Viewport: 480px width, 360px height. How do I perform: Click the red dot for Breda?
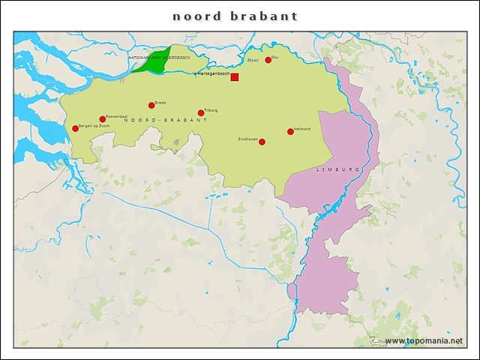(151, 105)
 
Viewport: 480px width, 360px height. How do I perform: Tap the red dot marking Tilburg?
(201, 113)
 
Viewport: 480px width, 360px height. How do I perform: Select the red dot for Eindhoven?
(262, 142)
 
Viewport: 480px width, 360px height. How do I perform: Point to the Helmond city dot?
(290, 131)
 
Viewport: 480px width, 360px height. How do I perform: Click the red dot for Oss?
(268, 60)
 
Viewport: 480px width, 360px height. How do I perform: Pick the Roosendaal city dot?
(103, 119)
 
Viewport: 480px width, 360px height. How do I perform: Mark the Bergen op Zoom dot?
(75, 128)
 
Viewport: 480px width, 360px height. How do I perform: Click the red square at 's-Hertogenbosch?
(235, 77)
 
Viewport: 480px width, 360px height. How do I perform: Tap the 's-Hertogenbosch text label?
(211, 73)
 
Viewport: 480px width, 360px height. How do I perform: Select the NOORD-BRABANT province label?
(166, 120)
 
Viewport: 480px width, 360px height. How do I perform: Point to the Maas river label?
(253, 60)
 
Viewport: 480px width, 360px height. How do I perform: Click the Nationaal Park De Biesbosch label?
(159, 57)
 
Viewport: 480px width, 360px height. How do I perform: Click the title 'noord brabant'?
(235, 16)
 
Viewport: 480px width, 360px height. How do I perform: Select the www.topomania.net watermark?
(424, 340)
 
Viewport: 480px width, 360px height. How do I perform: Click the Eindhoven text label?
(247, 139)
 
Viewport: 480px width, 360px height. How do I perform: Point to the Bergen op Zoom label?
(94, 125)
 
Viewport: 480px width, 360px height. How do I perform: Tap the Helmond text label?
(302, 128)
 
